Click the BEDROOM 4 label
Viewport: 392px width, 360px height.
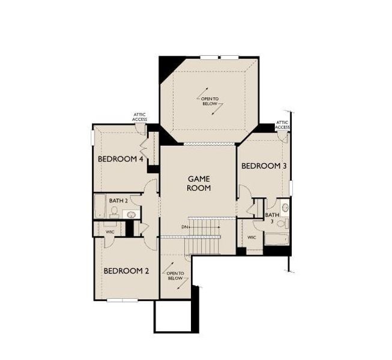(x=120, y=160)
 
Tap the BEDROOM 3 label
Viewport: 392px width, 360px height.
(x=264, y=166)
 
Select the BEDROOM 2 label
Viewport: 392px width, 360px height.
(x=126, y=271)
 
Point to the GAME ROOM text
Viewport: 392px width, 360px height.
(x=199, y=183)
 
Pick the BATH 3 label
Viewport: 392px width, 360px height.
(x=273, y=218)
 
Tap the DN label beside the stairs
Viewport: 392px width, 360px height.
(x=184, y=227)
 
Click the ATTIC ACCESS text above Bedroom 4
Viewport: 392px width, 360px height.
(x=140, y=117)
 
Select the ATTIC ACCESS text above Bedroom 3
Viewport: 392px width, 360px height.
(x=283, y=125)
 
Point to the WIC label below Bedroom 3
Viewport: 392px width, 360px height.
(x=252, y=238)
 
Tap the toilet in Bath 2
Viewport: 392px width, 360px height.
(x=114, y=211)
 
